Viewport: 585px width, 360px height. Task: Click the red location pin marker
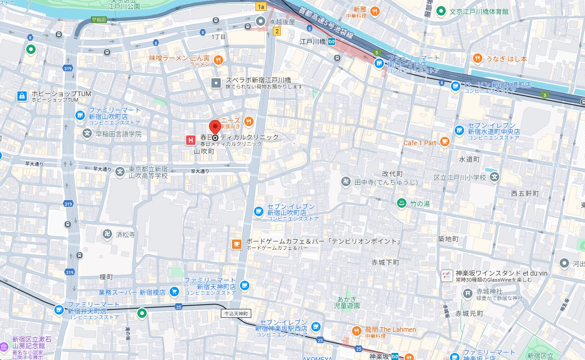pyautogui.click(x=215, y=127)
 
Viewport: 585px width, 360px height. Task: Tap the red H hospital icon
pyautogui.click(x=190, y=139)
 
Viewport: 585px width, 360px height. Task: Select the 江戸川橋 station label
pyautogui.click(x=313, y=42)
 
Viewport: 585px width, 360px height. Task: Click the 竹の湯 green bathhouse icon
pyautogui.click(x=401, y=203)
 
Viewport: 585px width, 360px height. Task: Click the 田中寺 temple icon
pyautogui.click(x=346, y=182)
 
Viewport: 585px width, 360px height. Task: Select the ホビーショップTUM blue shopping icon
pyautogui.click(x=22, y=96)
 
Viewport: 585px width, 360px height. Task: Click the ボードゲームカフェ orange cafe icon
pyautogui.click(x=237, y=244)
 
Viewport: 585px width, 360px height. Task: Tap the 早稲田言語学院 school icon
pyautogui.click(x=87, y=134)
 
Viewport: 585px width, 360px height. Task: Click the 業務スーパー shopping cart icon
pyautogui.click(x=174, y=292)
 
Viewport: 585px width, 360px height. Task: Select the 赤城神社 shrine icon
pyautogui.click(x=467, y=294)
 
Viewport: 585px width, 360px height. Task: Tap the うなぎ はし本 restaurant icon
pyautogui.click(x=477, y=58)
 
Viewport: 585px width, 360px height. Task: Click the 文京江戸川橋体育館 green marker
pyautogui.click(x=441, y=11)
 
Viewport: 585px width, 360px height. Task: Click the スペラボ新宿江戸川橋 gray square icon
pyautogui.click(x=216, y=83)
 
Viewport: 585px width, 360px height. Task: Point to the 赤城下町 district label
pyautogui.click(x=385, y=262)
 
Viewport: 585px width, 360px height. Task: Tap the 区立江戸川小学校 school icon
pyautogui.click(x=495, y=177)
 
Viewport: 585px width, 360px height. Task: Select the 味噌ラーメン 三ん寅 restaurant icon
pyautogui.click(x=218, y=60)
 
